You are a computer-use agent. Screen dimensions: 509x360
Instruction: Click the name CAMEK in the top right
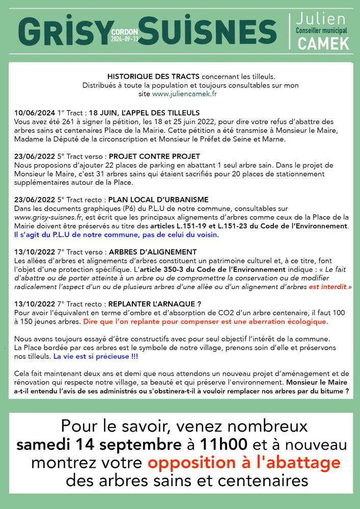(324, 44)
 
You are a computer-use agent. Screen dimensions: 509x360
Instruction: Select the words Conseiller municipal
(321, 31)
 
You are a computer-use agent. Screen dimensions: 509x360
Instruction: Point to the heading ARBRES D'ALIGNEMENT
(153, 252)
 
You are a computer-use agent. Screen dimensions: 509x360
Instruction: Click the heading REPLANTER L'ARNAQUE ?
(155, 304)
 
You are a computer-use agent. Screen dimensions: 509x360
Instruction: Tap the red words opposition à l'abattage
(244, 463)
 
